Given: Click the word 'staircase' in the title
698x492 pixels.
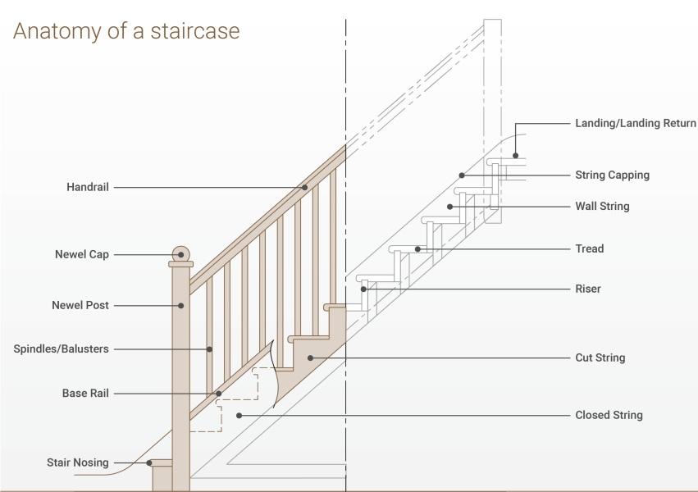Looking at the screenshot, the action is (x=195, y=30).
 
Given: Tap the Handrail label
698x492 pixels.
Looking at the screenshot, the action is (x=88, y=187).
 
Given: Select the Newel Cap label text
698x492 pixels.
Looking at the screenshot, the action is (x=82, y=254).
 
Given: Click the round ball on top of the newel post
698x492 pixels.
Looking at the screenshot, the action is (x=180, y=254).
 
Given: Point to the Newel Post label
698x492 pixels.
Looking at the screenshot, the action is (x=80, y=305).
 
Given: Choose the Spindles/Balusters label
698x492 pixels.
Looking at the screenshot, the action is (x=61, y=348).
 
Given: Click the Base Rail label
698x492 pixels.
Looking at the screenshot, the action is (x=85, y=394).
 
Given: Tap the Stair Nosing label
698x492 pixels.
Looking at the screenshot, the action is (x=78, y=462).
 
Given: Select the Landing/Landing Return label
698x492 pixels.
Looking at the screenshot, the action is (x=636, y=123).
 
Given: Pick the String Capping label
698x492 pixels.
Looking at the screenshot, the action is (x=613, y=175).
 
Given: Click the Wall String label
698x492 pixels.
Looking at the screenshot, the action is (x=602, y=207).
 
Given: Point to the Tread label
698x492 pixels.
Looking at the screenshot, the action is (x=590, y=248).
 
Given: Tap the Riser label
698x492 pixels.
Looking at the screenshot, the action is (x=588, y=289).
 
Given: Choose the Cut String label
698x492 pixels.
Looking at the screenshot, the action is (x=600, y=358).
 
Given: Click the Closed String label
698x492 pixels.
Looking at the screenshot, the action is (x=609, y=415).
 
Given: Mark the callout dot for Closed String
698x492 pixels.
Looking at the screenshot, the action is (x=239, y=416).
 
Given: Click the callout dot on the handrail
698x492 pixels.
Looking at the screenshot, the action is (x=304, y=187).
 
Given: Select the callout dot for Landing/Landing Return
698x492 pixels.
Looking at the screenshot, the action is (x=515, y=156).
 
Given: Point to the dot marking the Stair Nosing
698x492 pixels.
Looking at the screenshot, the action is (x=149, y=463).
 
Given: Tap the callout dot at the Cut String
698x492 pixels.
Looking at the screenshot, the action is (x=310, y=358).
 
